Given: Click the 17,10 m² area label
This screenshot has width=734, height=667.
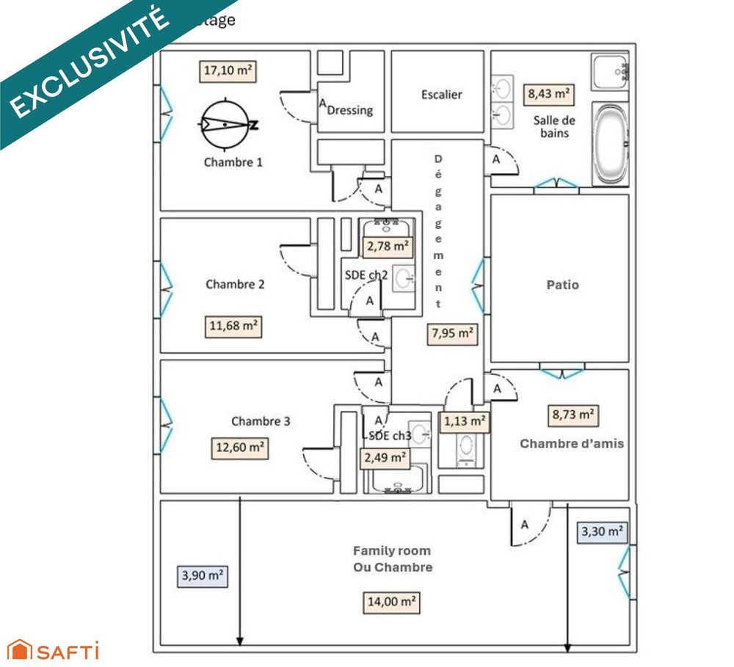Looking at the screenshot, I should click(x=228, y=72).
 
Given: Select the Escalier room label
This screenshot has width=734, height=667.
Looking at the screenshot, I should click(x=442, y=95).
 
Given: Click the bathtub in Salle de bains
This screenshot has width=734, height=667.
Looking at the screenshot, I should click(x=609, y=144).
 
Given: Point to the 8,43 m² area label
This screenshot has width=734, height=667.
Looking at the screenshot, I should click(x=549, y=94).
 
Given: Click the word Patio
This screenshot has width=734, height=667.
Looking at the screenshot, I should click(x=562, y=285).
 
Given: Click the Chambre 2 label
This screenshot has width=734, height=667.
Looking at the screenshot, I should click(x=235, y=285).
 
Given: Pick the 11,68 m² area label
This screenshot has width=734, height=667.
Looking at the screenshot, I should click(x=234, y=326).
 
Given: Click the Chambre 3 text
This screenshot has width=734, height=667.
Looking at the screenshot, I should click(x=261, y=421).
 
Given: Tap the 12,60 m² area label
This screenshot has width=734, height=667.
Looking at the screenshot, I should click(x=239, y=447).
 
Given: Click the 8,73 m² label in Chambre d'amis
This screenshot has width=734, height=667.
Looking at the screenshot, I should click(x=573, y=415).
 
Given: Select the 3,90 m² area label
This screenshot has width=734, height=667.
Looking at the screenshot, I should click(x=202, y=576).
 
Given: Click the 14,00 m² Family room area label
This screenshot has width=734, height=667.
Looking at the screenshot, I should click(x=392, y=602).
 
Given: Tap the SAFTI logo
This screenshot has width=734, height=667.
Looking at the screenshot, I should click(x=53, y=650).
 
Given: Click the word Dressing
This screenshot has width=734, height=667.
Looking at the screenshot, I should click(x=349, y=111).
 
